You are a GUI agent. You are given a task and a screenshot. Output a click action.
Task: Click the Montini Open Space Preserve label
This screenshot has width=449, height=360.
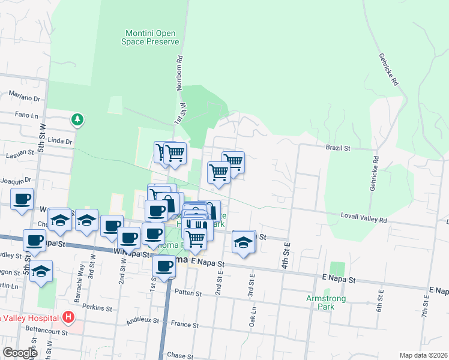[152, 37]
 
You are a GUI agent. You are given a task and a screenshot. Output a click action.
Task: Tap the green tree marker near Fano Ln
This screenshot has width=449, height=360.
[77, 120]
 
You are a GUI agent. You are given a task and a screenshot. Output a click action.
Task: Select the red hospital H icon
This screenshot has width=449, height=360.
[69, 317]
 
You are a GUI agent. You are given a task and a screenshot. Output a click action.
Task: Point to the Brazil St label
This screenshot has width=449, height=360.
[337, 147]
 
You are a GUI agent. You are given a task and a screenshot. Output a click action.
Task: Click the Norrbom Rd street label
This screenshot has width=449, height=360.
[179, 73]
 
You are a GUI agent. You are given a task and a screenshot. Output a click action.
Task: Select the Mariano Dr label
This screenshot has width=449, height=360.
[24, 97]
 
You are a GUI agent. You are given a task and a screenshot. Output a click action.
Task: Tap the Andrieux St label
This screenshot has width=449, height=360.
[142, 322]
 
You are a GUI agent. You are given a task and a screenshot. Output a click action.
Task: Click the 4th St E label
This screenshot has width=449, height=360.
[287, 253]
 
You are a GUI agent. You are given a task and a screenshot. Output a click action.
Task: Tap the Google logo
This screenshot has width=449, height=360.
[20, 353]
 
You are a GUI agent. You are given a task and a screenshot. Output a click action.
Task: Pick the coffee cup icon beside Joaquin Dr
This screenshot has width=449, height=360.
[22, 199]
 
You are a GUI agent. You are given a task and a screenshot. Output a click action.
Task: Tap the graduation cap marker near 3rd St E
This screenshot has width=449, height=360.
[243, 242]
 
